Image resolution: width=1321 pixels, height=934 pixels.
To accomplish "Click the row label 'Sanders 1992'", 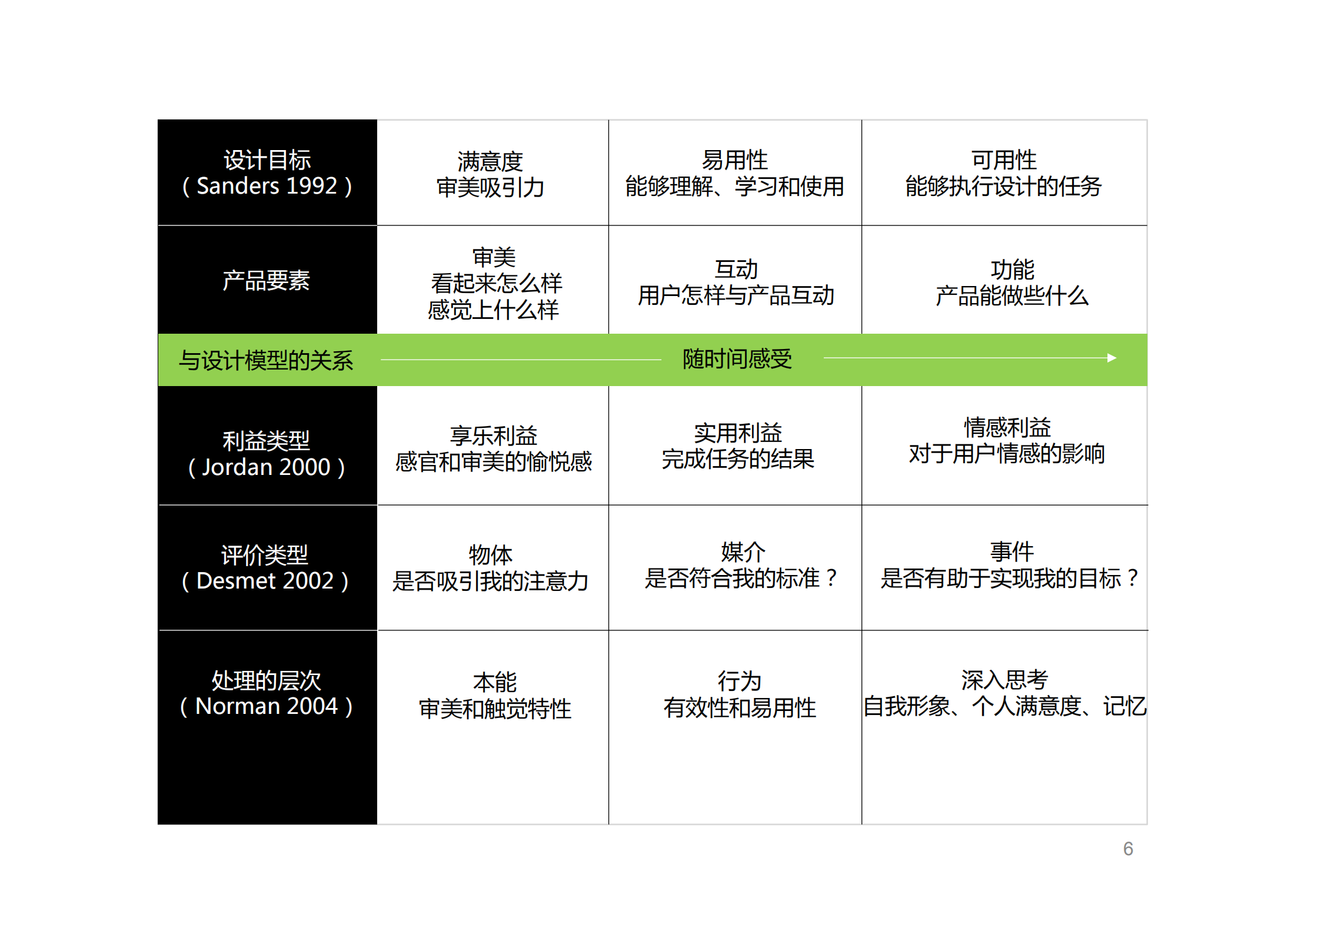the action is pos(267,173).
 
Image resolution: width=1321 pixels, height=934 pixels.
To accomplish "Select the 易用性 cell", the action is pos(734,173).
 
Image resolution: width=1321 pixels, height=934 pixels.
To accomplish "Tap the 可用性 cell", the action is pos(1003,173).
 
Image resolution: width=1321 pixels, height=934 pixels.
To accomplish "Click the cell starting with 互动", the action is pos(736,282).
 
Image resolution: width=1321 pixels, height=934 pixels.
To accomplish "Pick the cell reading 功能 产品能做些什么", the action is pos(1012,282).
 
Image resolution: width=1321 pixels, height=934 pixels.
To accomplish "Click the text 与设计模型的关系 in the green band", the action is pos(266,360).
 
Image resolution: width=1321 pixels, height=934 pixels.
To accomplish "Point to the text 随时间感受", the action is pos(737,359).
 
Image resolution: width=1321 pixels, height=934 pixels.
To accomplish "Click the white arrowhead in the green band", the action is pos(1112,358).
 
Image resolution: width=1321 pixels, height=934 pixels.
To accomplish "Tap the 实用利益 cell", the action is pos(737,446).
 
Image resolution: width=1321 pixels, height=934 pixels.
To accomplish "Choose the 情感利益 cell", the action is pos(1007,441).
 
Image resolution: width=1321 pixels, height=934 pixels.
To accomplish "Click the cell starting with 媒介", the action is pos(741,565).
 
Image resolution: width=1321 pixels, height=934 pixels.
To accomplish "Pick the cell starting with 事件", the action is pos(1010,565).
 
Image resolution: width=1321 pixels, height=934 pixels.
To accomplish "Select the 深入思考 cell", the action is pos(1004,693).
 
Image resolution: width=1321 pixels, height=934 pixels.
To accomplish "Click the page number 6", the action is pos(1127,849).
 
